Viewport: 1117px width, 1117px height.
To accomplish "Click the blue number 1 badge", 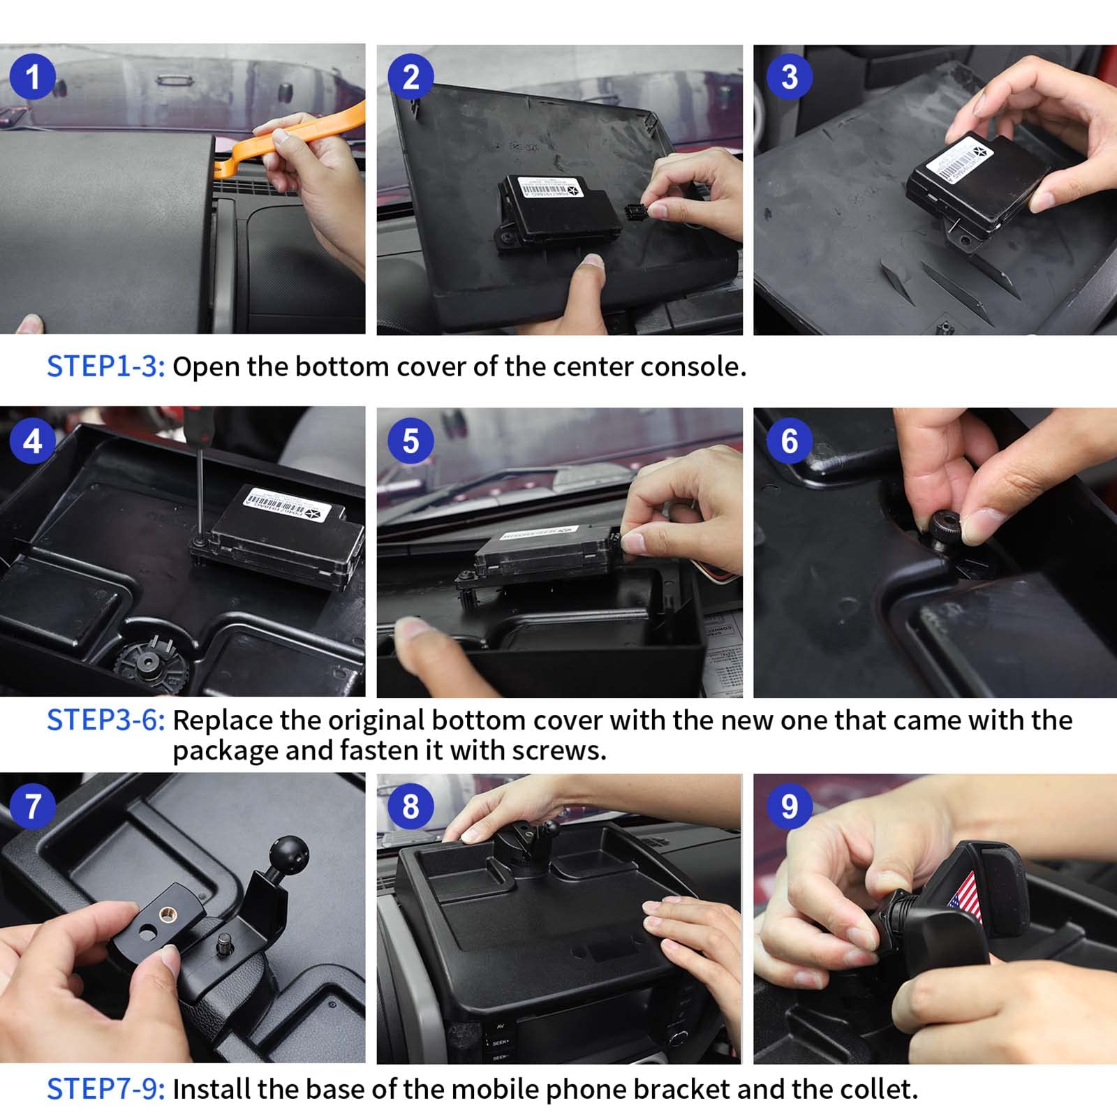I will click(x=32, y=77).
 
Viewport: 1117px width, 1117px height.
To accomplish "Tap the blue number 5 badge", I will click(x=410, y=441).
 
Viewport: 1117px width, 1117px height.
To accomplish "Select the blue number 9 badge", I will click(x=789, y=806).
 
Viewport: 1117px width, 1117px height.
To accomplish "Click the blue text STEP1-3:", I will click(x=105, y=367).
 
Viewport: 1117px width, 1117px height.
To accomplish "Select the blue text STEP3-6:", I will click(x=105, y=720).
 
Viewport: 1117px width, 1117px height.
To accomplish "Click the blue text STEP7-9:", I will click(x=105, y=1089).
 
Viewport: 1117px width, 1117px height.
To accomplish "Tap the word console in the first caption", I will click(x=692, y=367).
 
